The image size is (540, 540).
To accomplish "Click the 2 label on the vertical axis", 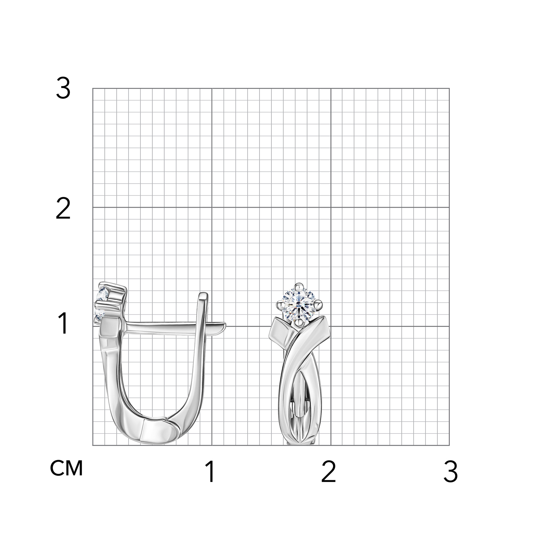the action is [63, 210].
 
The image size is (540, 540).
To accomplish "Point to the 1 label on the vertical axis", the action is [63, 323].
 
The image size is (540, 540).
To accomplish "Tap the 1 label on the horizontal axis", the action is [211, 472].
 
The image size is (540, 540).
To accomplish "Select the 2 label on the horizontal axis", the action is [328, 472].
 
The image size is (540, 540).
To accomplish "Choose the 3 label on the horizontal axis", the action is [450, 472].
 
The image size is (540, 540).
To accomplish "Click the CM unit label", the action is [67, 468].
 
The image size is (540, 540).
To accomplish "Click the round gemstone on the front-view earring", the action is [299, 305].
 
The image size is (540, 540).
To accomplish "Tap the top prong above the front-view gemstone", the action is [298, 287].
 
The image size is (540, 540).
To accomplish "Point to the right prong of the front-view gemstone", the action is [319, 305].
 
